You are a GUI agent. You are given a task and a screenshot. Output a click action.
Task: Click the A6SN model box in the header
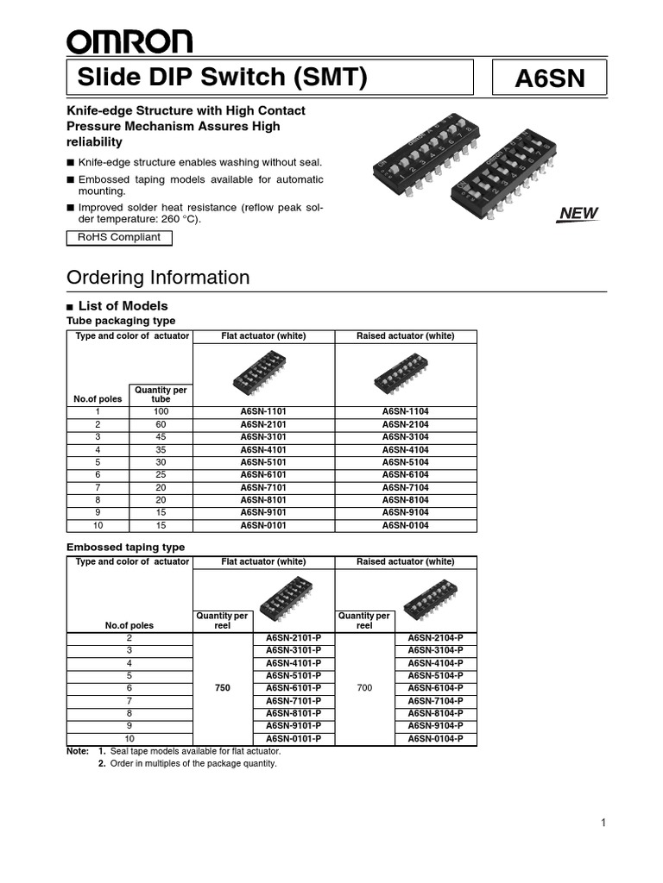click(549, 78)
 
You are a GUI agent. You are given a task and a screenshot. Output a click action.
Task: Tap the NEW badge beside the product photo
click(578, 214)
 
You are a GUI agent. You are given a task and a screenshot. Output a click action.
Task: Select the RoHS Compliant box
click(119, 237)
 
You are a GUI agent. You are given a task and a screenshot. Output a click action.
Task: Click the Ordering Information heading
click(158, 278)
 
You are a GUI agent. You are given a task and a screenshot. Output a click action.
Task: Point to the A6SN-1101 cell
click(262, 411)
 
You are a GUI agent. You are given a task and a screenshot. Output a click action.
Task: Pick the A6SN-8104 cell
click(405, 500)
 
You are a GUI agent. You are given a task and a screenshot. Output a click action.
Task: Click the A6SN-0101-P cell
click(294, 739)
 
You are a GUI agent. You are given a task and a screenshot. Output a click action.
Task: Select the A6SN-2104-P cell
click(435, 637)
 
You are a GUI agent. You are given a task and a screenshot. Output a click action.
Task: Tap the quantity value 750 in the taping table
click(223, 688)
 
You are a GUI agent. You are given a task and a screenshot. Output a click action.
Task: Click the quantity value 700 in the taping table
click(364, 688)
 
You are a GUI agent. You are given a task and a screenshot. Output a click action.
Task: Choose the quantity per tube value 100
click(161, 411)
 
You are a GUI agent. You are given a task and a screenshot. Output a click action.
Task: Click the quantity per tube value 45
click(161, 437)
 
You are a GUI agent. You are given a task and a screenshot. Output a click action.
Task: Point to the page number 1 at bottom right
click(603, 823)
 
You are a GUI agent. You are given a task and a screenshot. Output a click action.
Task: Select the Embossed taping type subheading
click(126, 547)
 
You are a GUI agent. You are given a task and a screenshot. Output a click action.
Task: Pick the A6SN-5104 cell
click(405, 462)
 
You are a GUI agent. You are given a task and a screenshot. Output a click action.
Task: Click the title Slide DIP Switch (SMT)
click(223, 78)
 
